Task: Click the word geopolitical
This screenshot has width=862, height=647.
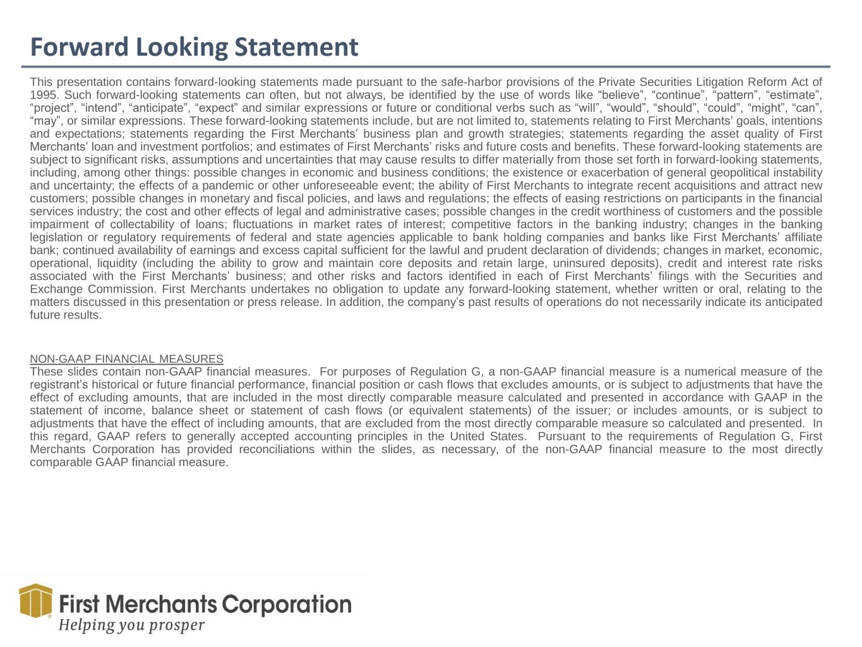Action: pyautogui.click(x=742, y=172)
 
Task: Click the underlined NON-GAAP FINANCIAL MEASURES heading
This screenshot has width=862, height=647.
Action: pyautogui.click(x=126, y=359)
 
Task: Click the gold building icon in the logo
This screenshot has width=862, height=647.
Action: pyautogui.click(x=35, y=600)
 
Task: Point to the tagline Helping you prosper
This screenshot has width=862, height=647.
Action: pyautogui.click(x=131, y=626)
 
